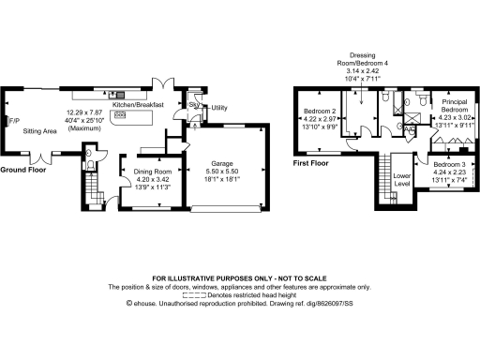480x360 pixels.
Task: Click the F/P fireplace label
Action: coord(13,121)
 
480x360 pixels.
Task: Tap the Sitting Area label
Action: coord(40,132)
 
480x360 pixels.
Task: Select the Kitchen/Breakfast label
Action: coord(139,105)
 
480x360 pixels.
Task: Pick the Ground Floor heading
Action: coord(22,170)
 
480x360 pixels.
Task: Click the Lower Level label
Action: coord(402,178)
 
